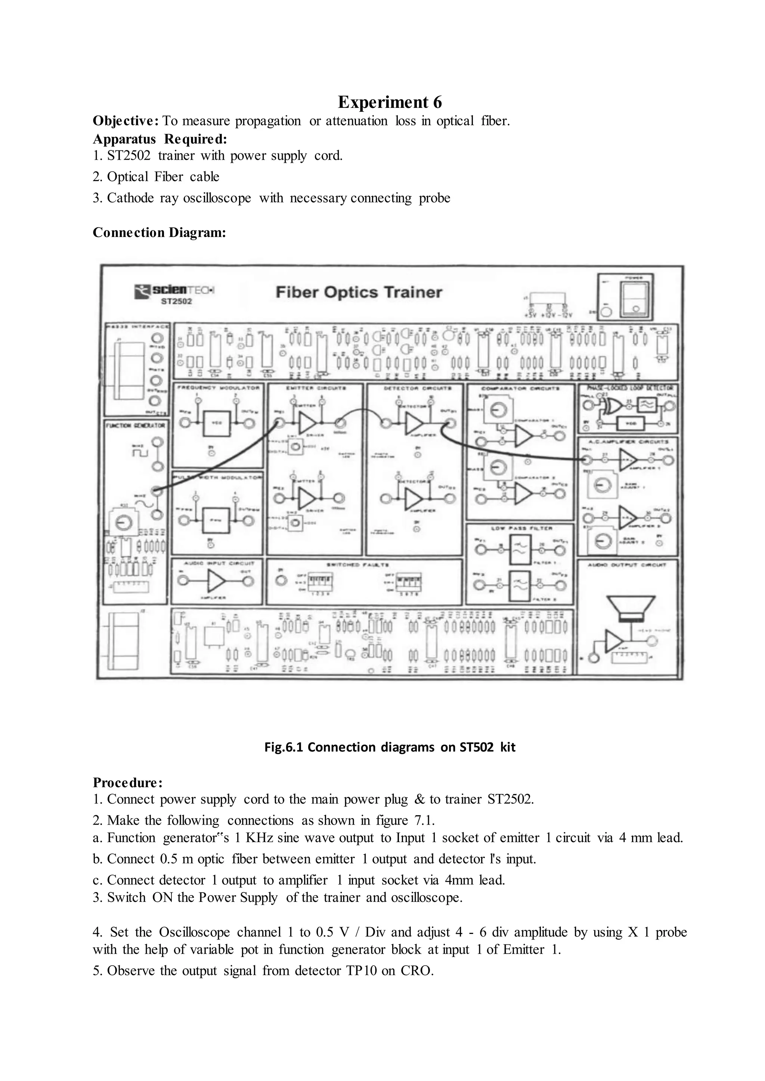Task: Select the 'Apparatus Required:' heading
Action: (160, 139)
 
